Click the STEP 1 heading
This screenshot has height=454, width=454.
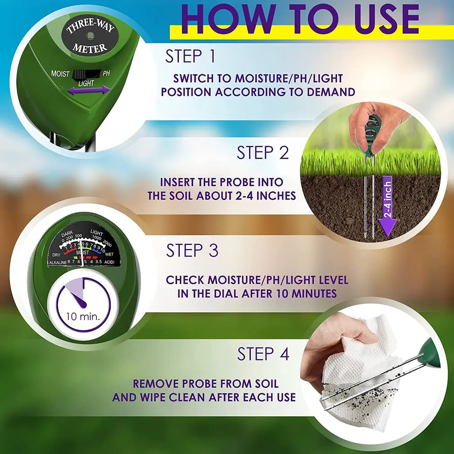click(x=190, y=57)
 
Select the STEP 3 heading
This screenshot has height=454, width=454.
click(x=192, y=250)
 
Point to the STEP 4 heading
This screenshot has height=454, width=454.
click(x=263, y=354)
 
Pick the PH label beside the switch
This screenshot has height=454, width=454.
click(x=107, y=73)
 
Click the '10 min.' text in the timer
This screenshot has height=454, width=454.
click(x=83, y=316)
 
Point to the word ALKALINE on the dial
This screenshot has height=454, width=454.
click(x=58, y=262)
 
